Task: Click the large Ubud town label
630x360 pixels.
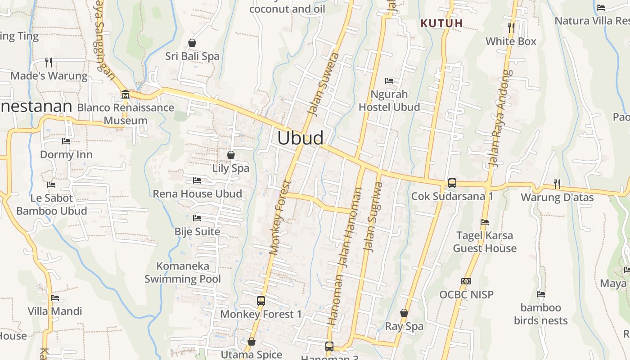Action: (300, 138)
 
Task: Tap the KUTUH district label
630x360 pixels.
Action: (441, 23)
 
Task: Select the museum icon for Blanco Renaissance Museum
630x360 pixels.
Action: (126, 94)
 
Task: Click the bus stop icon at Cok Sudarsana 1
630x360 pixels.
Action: (452, 183)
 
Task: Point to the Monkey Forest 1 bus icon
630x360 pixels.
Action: (261, 301)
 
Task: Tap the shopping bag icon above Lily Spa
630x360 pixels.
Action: (231, 155)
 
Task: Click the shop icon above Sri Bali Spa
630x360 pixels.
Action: (192, 43)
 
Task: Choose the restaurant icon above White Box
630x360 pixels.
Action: (511, 27)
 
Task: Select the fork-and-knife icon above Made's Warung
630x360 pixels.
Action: (49, 62)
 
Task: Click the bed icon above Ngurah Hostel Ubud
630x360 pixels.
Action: (389, 81)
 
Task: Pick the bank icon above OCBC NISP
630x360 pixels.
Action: (466, 281)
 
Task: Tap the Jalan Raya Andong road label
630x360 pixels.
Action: (500, 118)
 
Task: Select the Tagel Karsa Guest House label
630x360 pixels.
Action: (485, 242)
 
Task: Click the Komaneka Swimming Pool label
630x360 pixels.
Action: (183, 272)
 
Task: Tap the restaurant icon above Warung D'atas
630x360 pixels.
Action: (557, 184)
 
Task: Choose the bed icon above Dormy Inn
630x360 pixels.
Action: (66, 141)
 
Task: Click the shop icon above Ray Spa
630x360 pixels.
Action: (404, 313)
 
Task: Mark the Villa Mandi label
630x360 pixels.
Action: (55, 311)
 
